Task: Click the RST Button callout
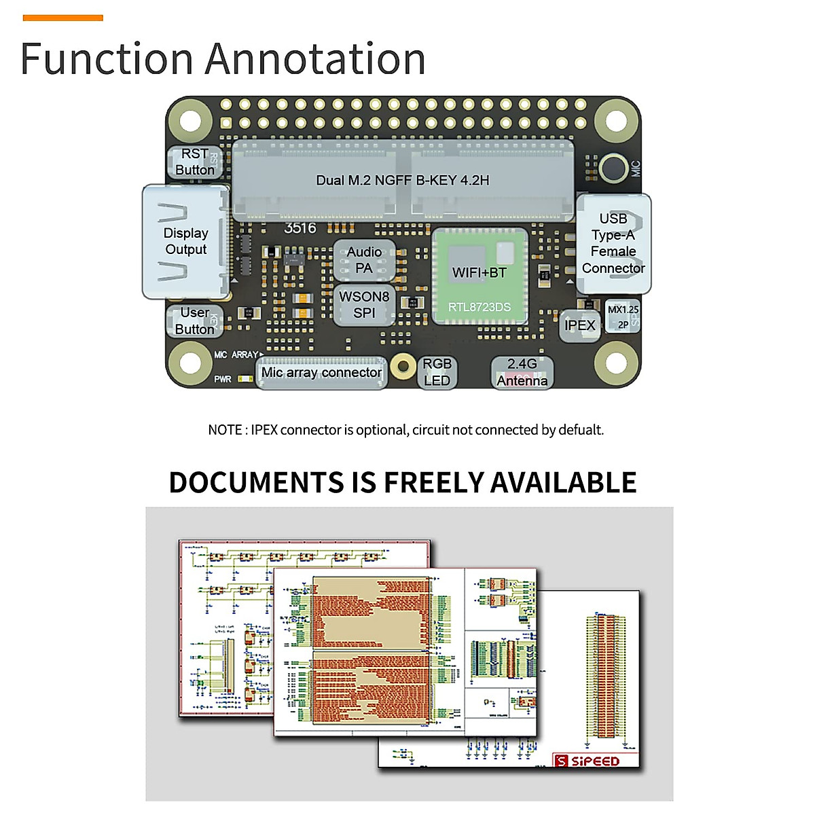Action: coord(195,162)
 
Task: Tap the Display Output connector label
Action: coord(186,241)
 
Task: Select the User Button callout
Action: coord(195,321)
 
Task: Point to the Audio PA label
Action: coord(364,260)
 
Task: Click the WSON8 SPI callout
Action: coord(364,305)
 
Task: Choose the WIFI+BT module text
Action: coord(479,272)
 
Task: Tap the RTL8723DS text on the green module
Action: coord(479,307)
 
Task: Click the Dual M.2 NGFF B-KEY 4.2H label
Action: coord(403,181)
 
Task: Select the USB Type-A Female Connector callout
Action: coord(613,243)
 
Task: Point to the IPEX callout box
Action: coord(580,325)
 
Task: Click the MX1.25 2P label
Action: coord(623,316)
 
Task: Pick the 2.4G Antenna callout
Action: coord(522,372)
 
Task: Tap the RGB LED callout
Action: coord(437,372)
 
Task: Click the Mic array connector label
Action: coord(321,373)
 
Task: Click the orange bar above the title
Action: coord(63,18)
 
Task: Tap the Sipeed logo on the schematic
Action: coord(588,761)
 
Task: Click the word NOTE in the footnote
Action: coord(225,430)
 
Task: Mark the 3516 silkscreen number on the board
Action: coord(300,228)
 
